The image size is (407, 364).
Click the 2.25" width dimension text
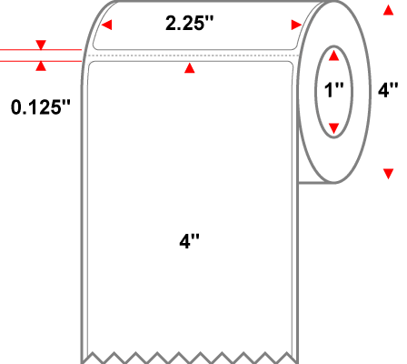click(189, 23)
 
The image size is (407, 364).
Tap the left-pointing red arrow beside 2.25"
click(106, 25)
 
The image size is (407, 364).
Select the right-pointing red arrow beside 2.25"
click(296, 25)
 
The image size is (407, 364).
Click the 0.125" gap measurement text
click(41, 107)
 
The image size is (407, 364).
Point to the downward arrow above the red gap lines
click(41, 45)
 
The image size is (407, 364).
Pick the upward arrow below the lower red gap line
click(41, 66)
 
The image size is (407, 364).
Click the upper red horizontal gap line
click(41, 49)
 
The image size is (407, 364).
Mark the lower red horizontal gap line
click(41, 61)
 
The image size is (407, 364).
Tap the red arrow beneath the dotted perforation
click(190, 68)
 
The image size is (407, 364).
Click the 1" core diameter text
click(333, 90)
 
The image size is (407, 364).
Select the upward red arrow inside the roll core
click(333, 56)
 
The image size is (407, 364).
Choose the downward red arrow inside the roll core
click(333, 128)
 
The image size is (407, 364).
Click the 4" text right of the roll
click(388, 90)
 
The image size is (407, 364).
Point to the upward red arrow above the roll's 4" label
click(388, 10)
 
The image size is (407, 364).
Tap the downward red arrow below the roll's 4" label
click(388, 174)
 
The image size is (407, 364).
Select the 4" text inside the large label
click(190, 242)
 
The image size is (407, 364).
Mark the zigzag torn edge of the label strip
click(190, 358)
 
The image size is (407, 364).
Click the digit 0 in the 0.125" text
click(15, 107)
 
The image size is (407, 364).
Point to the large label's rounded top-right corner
click(291, 64)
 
